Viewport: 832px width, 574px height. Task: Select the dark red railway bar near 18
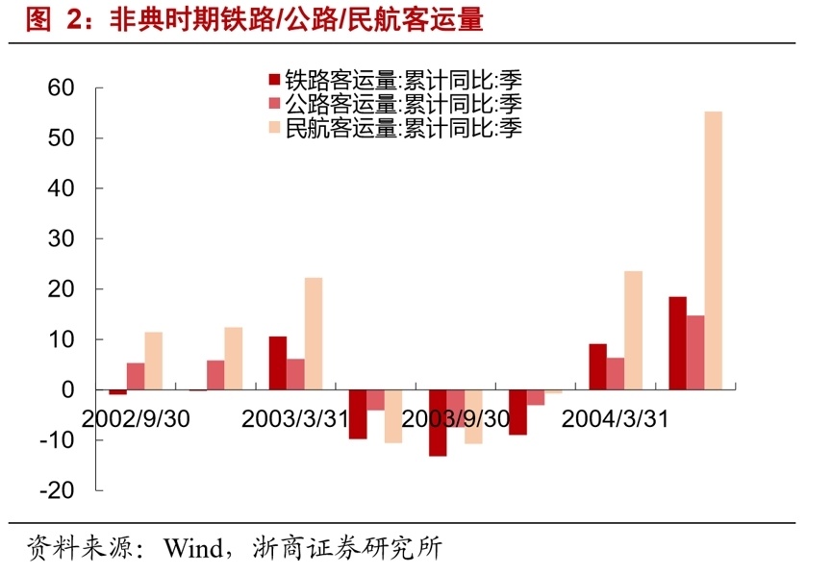(677, 343)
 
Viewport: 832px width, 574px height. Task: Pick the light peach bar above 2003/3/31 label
(314, 334)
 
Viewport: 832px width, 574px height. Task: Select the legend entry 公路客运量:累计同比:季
(394, 104)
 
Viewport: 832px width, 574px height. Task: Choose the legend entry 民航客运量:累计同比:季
(394, 127)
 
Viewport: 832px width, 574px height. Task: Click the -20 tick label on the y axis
(57, 490)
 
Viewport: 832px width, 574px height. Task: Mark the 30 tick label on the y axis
(61, 239)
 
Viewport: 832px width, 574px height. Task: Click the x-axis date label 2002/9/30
(136, 419)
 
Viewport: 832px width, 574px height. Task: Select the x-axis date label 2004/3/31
(614, 419)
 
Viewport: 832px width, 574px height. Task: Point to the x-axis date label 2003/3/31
(294, 419)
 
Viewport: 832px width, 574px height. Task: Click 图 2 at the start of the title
(52, 19)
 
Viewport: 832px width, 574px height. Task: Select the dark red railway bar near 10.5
(278, 363)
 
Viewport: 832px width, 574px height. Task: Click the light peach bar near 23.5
(633, 331)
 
